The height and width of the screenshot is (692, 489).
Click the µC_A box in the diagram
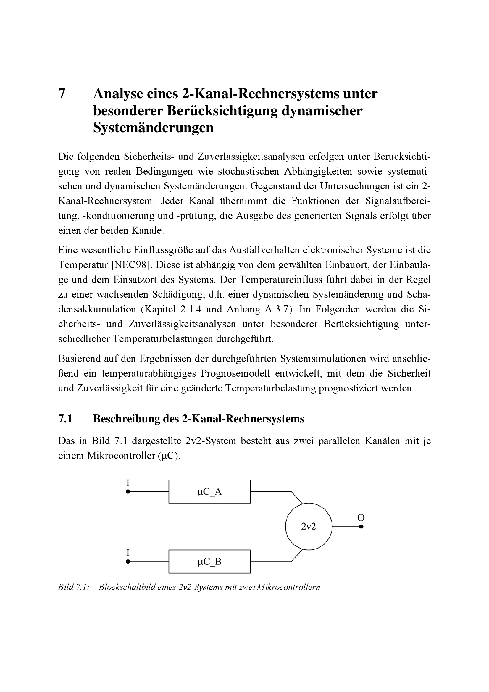[x=209, y=492]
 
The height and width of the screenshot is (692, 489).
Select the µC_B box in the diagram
[x=209, y=562]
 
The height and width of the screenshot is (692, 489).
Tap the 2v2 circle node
[x=309, y=527]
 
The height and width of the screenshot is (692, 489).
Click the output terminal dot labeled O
[x=361, y=527]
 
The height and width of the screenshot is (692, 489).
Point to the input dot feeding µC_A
[x=128, y=492]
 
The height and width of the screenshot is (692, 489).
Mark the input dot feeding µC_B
[x=128, y=562]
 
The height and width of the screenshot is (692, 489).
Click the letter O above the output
[x=361, y=517]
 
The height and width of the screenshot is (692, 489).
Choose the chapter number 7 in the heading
[x=62, y=94]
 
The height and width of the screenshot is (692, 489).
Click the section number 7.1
[x=65, y=419]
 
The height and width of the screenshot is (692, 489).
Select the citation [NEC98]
[x=131, y=264]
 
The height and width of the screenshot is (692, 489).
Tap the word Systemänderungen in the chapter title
[x=153, y=128]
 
